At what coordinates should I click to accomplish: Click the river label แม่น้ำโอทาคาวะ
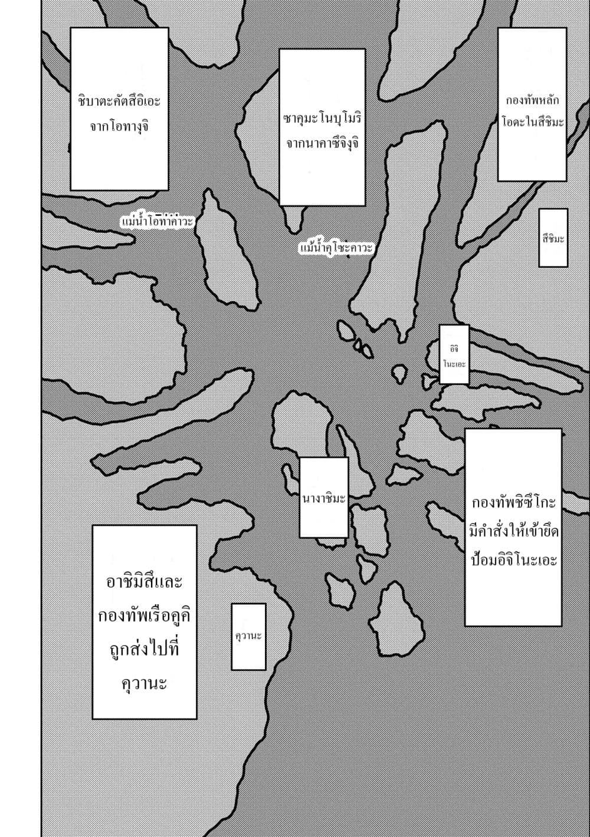click(157, 221)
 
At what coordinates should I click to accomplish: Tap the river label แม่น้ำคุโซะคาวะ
click(336, 248)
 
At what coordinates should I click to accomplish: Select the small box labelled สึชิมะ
click(553, 238)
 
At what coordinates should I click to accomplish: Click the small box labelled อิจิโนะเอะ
click(454, 354)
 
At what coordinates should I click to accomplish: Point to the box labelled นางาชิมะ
click(324, 497)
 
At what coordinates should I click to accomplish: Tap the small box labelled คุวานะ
click(248, 637)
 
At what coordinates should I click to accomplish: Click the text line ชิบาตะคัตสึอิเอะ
click(119, 101)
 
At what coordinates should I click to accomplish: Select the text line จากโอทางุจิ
click(119, 127)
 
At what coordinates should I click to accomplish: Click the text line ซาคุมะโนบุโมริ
click(322, 119)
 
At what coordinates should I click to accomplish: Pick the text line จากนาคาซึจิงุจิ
click(322, 144)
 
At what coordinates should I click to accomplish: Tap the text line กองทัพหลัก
click(532, 100)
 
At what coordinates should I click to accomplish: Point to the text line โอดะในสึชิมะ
click(532, 122)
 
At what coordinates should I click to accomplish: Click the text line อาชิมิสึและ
click(145, 582)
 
